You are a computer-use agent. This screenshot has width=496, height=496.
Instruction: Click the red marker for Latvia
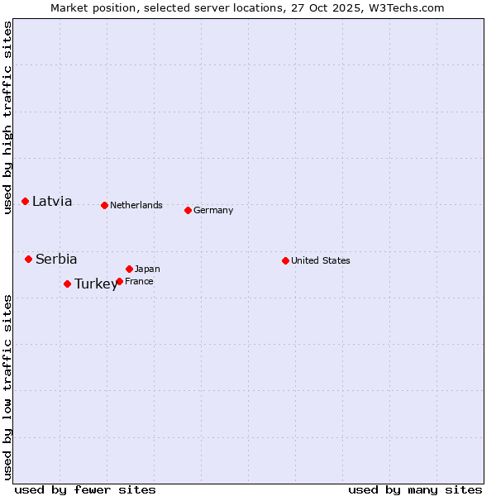coord(26,201)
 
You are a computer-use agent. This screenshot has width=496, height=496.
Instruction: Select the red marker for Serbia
coord(28,259)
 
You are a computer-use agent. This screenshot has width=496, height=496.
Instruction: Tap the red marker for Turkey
coord(67,284)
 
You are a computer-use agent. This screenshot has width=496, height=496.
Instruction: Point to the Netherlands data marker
coord(104,205)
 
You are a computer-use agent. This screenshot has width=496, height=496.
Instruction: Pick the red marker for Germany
coord(188,210)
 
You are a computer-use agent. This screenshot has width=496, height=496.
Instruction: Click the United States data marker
coord(285,260)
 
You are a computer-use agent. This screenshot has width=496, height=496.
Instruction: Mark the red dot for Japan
coord(129,269)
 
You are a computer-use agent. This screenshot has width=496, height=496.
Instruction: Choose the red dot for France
coord(119,281)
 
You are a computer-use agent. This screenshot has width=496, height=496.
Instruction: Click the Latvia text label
coord(52,201)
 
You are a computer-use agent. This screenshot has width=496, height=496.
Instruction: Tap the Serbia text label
coord(56,259)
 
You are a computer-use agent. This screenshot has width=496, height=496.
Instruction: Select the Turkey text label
coord(96,284)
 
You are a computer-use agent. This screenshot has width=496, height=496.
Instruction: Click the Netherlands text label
coord(136,205)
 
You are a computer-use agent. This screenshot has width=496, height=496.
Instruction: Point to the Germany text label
coord(213,210)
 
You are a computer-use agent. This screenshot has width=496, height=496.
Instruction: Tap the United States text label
coord(321,260)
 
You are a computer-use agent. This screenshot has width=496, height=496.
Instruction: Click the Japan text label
coord(147,269)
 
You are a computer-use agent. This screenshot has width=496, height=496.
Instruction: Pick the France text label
coord(139,281)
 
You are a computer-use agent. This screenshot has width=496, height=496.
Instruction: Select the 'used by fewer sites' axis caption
coord(85,489)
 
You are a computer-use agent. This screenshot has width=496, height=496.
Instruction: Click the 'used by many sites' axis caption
coord(415,489)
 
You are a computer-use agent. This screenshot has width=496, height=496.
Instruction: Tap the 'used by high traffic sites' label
coord(7,117)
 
